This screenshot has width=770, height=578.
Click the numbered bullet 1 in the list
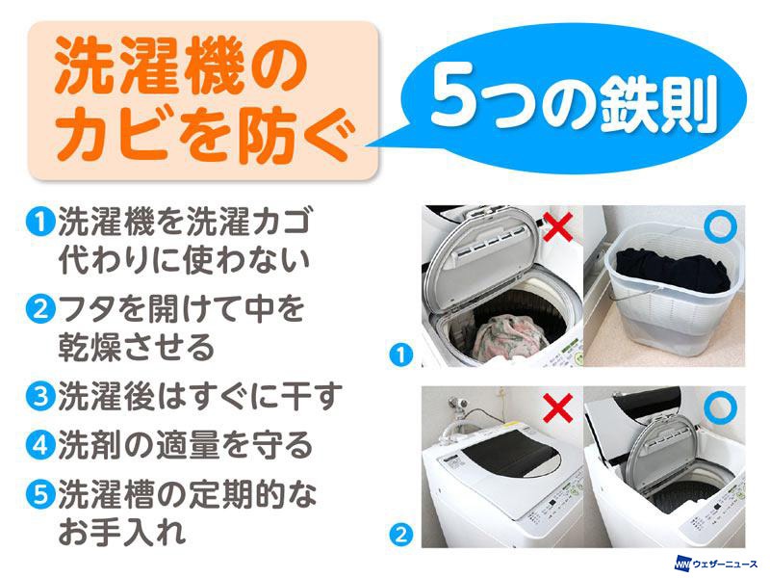tap(40, 223)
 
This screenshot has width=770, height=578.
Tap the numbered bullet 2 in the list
tap(40, 309)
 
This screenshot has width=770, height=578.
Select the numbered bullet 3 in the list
tap(40, 396)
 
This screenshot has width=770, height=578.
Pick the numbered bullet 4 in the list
tap(40, 445)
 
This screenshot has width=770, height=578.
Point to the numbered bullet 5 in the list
tap(40, 494)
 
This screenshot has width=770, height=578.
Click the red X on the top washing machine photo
tap(558, 226)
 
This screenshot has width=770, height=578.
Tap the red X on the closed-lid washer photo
tap(558, 407)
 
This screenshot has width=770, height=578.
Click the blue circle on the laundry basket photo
tap(720, 225)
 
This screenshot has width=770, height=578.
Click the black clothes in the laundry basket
tap(673, 270)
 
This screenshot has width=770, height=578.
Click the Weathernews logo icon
tap(683, 563)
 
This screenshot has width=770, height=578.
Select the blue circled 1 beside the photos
tap(401, 355)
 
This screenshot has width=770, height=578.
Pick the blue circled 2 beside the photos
tap(401, 535)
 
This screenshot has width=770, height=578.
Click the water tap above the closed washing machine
tap(459, 405)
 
